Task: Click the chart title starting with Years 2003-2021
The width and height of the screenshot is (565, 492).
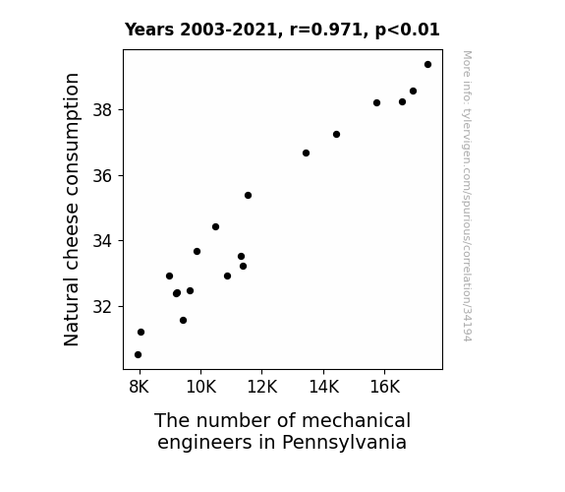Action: coord(282,30)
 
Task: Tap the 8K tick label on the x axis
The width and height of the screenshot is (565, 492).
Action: coord(139,387)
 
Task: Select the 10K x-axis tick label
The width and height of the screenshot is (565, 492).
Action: coord(201,387)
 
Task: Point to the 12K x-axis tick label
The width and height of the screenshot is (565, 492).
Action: coord(262,387)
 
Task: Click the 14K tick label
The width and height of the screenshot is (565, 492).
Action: coord(324,387)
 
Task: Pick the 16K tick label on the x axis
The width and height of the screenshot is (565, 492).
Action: coord(385,387)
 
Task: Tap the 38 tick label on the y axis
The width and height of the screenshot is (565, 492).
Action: coord(102,110)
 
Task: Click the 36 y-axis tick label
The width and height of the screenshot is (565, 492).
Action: coord(102,176)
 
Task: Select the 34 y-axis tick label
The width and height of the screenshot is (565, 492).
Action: coord(102,241)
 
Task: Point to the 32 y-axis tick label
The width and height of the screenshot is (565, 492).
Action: coord(102,306)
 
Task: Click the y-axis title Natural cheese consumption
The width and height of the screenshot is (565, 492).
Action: coord(72,210)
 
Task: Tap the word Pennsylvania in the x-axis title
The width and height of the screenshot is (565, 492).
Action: coord(344,442)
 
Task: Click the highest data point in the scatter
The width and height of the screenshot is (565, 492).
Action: coord(427,65)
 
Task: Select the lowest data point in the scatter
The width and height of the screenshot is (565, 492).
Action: coord(138,355)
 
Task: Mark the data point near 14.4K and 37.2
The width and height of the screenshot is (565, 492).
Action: coord(337,134)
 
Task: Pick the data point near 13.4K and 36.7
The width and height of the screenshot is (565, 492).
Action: coord(306,154)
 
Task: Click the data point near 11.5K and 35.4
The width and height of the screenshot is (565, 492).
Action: coord(248,195)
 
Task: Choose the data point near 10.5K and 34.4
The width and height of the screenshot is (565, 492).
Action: coord(215,227)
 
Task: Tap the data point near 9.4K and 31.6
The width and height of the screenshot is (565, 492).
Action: coord(183,320)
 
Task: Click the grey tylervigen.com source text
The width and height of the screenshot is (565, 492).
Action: coord(467,196)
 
